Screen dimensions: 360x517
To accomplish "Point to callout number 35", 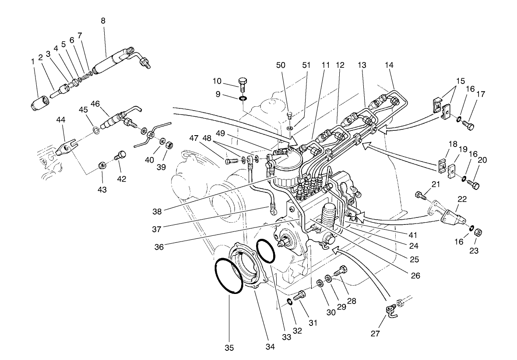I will tap(229, 348).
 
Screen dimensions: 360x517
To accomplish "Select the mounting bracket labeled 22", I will tap(451, 216).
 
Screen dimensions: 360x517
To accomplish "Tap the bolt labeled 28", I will tap(341, 272).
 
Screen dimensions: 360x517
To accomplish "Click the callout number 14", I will tap(389, 65).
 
